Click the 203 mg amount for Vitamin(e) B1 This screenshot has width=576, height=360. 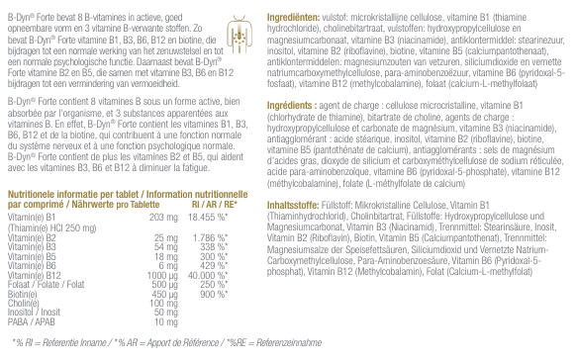[161, 216]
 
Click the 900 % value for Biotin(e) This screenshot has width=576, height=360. [214, 294]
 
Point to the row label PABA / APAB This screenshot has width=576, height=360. [31, 322]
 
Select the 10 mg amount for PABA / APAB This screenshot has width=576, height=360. [165, 322]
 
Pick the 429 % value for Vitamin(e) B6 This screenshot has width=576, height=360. [214, 264]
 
